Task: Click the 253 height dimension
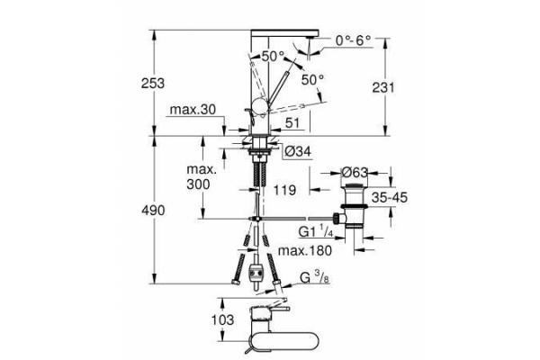[153, 84]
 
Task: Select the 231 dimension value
[383, 87]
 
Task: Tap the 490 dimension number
[153, 211]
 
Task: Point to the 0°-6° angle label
[354, 40]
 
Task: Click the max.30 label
[193, 110]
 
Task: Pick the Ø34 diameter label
[299, 151]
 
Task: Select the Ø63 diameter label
[355, 172]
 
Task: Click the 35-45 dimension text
[390, 198]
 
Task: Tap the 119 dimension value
[284, 190]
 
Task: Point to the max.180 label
[305, 250]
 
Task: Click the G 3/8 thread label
[315, 278]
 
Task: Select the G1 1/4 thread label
[316, 231]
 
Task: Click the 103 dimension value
[222, 319]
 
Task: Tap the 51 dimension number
[292, 122]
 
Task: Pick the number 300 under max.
[198, 184]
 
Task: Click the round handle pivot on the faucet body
[259, 106]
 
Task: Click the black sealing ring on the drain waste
[355, 207]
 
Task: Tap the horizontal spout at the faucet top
[285, 33]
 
